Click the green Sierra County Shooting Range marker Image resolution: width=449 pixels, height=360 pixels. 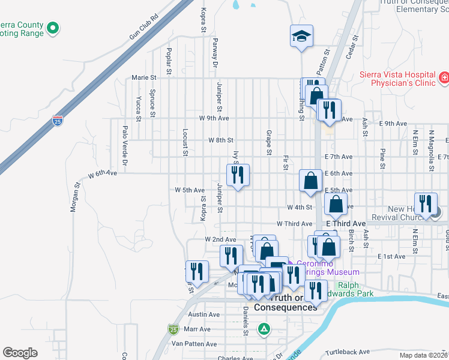[53, 28]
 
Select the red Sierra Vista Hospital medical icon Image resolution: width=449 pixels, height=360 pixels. [444, 77]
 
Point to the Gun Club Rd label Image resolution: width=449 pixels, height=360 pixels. [143, 27]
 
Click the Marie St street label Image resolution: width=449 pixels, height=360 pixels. [143, 77]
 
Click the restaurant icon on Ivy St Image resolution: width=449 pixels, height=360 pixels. [238, 175]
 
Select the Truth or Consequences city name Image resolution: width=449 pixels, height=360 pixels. [285, 302]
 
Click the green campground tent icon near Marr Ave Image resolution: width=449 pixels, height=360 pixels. [263, 329]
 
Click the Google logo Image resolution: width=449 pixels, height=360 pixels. [20, 352]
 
